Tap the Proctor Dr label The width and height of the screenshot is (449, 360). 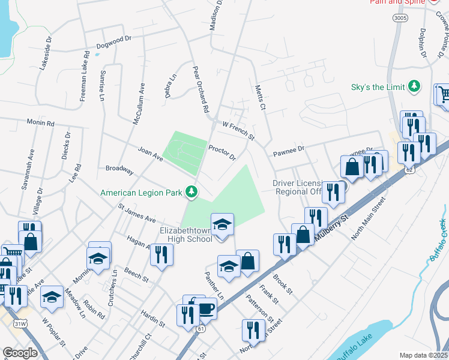[222, 152]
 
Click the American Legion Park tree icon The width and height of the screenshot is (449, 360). [191, 192]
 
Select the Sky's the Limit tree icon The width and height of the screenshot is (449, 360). [414, 86]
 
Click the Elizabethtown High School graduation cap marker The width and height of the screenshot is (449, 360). [222, 224]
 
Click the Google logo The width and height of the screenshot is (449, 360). [20, 353]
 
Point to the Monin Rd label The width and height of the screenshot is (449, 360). [40, 122]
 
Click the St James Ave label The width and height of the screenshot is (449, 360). [137, 214]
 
